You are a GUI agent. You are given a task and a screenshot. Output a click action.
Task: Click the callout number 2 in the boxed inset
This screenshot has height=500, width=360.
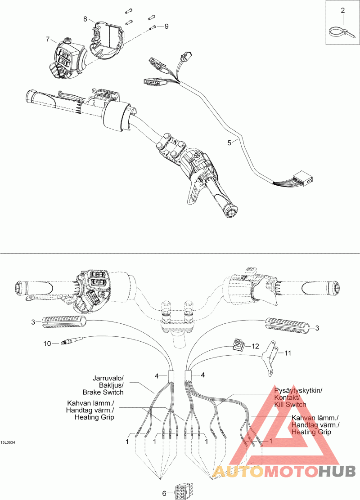343,10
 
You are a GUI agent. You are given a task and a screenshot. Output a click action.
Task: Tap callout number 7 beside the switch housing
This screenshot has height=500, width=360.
47,40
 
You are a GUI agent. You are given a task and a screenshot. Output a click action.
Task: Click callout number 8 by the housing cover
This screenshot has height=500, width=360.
85,18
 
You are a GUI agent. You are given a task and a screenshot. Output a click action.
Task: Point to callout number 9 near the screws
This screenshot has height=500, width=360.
166,27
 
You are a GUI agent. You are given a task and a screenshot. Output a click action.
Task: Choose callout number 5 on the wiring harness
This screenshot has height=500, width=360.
229,143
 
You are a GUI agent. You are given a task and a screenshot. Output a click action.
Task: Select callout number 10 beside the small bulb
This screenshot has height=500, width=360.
47,344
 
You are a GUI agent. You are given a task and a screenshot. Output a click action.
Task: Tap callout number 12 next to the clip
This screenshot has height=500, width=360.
256,346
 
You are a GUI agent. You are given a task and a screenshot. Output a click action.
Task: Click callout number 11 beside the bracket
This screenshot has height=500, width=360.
288,353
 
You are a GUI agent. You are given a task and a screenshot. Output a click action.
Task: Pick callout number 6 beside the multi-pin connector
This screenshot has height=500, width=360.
164,493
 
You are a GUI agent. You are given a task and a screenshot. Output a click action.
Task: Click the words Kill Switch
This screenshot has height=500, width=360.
290,404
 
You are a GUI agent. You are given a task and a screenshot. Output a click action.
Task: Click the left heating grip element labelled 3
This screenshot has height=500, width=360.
64,321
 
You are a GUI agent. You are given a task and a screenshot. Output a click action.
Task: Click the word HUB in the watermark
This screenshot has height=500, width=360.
337,471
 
